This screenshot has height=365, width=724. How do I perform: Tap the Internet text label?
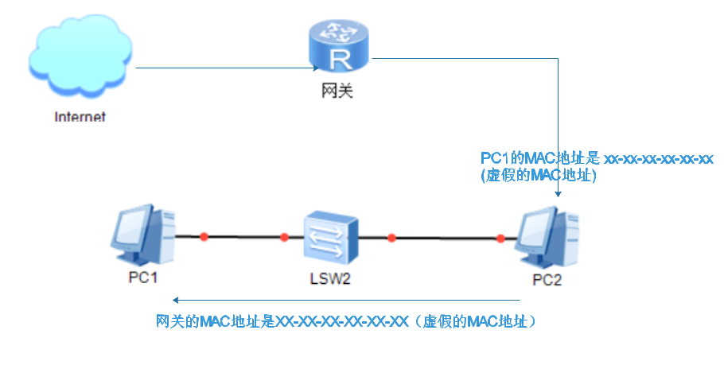click(80, 117)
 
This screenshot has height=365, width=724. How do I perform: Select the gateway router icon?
click(340, 49)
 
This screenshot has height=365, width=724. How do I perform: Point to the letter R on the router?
click(341, 58)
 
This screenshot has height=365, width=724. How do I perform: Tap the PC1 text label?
click(144, 278)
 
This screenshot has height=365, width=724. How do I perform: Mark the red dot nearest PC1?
click(204, 236)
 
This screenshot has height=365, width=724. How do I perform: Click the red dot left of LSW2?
click(284, 237)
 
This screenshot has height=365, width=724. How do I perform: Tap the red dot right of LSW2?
click(391, 237)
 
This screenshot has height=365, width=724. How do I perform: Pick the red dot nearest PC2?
click(500, 237)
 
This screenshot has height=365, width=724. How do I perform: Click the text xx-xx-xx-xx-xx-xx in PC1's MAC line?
click(658, 159)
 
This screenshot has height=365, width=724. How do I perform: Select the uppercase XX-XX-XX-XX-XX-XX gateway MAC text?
click(341, 322)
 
